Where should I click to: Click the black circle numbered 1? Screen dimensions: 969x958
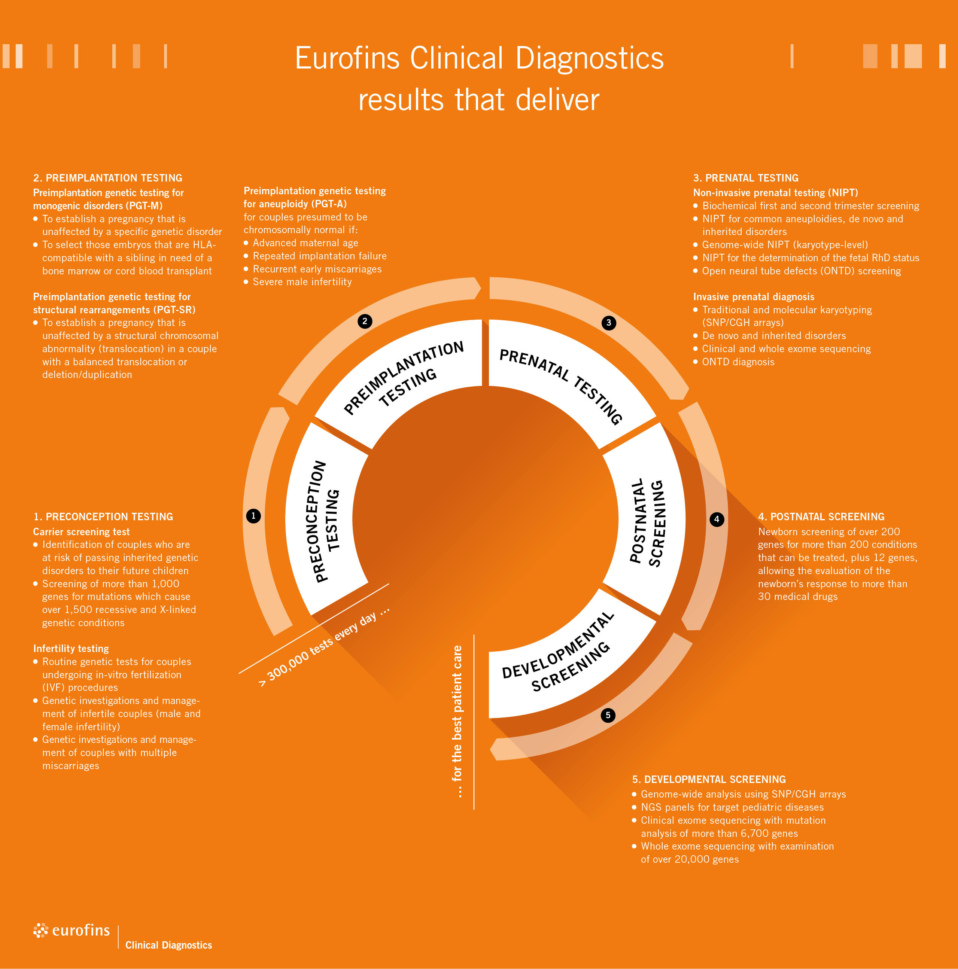click(253, 516)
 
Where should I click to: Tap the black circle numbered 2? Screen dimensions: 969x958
click(365, 321)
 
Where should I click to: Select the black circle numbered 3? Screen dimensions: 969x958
click(608, 323)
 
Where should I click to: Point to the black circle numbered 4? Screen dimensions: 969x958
click(717, 519)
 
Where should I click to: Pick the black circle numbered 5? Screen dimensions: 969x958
click(608, 715)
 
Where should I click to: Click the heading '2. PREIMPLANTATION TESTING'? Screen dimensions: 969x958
click(108, 178)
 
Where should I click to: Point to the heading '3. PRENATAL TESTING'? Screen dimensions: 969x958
click(745, 178)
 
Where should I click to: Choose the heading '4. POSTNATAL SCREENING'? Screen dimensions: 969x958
click(821, 517)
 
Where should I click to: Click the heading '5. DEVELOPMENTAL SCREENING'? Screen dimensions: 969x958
click(709, 779)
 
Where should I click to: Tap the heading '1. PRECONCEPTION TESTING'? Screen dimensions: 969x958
click(103, 517)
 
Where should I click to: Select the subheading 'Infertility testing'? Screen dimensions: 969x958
click(71, 649)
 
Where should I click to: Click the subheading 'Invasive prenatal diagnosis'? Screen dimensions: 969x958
click(753, 297)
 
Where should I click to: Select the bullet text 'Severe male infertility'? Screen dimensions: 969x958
click(302, 282)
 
